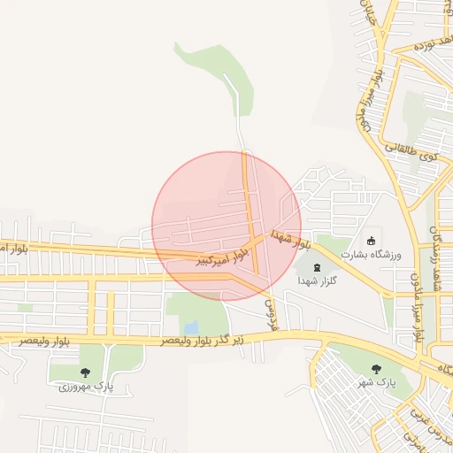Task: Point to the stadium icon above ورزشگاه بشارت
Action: (372, 240)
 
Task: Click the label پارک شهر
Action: (375, 383)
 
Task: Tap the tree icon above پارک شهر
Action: (376, 368)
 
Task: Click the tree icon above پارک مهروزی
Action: (85, 372)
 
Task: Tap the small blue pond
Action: (191, 328)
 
